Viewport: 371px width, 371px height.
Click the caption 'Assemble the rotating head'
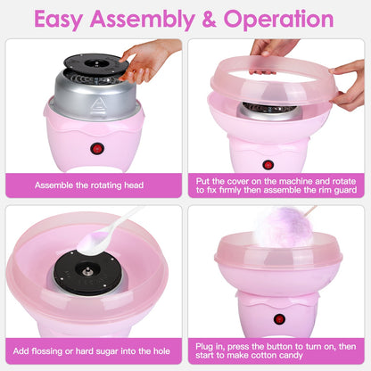click(94, 185)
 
